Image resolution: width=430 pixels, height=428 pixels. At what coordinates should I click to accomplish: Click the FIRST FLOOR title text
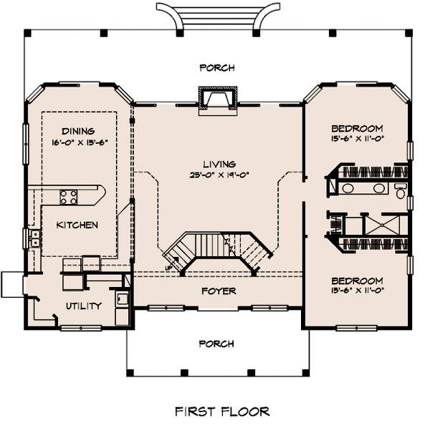(222, 412)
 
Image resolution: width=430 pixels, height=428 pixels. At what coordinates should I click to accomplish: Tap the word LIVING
(219, 164)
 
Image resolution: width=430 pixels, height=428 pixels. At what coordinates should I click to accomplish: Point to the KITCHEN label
(77, 225)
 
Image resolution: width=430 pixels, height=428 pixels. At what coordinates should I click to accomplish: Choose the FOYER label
(219, 291)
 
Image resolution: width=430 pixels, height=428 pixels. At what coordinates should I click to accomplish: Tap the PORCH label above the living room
(216, 68)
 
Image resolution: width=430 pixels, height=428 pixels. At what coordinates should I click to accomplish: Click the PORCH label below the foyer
(216, 344)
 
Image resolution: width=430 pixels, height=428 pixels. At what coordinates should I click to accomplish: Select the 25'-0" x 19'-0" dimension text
(219, 175)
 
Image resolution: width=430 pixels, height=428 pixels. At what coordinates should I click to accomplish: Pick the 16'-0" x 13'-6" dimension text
(79, 141)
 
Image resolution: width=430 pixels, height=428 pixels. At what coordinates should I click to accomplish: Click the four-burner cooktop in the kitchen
(69, 195)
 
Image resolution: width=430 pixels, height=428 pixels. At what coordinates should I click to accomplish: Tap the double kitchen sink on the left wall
(34, 238)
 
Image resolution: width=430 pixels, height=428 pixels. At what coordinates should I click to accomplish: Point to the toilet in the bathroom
(400, 189)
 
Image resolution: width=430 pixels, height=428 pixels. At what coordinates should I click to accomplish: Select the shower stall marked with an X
(384, 228)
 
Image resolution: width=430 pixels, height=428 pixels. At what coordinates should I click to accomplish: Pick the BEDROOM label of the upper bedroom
(357, 127)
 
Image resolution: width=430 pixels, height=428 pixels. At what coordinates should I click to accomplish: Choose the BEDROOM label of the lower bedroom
(357, 281)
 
